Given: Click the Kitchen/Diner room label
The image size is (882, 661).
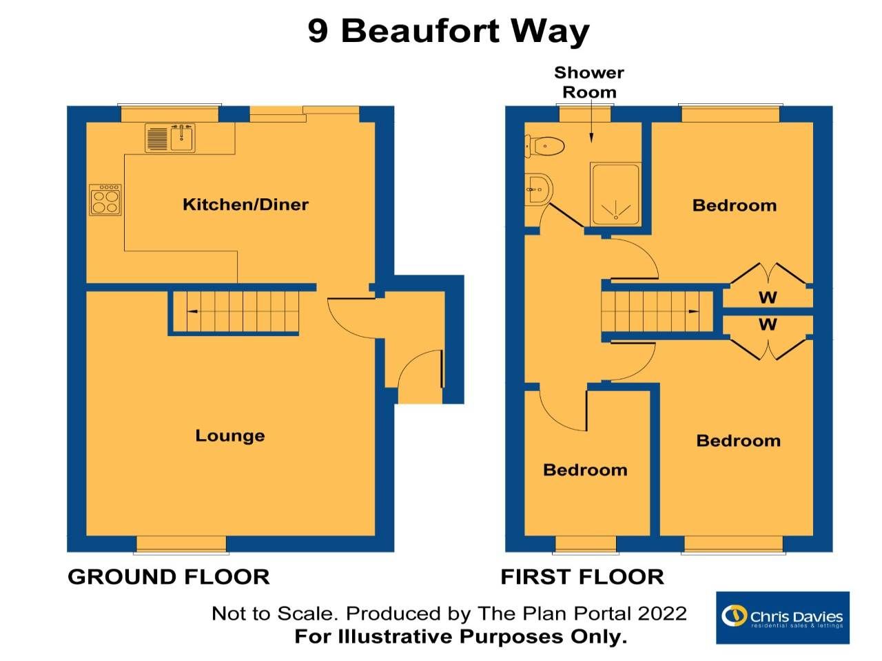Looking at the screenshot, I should [x=245, y=204].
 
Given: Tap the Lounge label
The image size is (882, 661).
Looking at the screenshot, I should [x=229, y=435].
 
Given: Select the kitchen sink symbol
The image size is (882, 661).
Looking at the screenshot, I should [x=170, y=138].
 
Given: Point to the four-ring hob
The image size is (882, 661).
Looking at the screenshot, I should [x=105, y=200].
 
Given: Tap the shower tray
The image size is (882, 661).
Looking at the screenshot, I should [x=615, y=194].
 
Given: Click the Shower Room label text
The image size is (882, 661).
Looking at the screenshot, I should [x=589, y=82].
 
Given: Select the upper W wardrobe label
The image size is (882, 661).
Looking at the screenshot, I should [x=768, y=297].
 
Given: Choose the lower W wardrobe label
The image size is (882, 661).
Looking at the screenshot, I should [x=768, y=324].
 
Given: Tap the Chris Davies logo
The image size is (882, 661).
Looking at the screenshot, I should [x=782, y=618].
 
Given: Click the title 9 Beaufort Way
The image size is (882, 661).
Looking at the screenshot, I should [x=449, y=31].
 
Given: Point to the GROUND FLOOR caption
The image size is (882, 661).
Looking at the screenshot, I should [x=169, y=577].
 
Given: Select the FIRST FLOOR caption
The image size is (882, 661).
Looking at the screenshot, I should [x=582, y=577].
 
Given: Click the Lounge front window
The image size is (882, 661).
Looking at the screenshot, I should [x=181, y=544].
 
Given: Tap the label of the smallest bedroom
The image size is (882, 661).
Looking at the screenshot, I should [x=585, y=470].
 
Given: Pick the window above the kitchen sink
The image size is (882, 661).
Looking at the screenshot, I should [x=170, y=114].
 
